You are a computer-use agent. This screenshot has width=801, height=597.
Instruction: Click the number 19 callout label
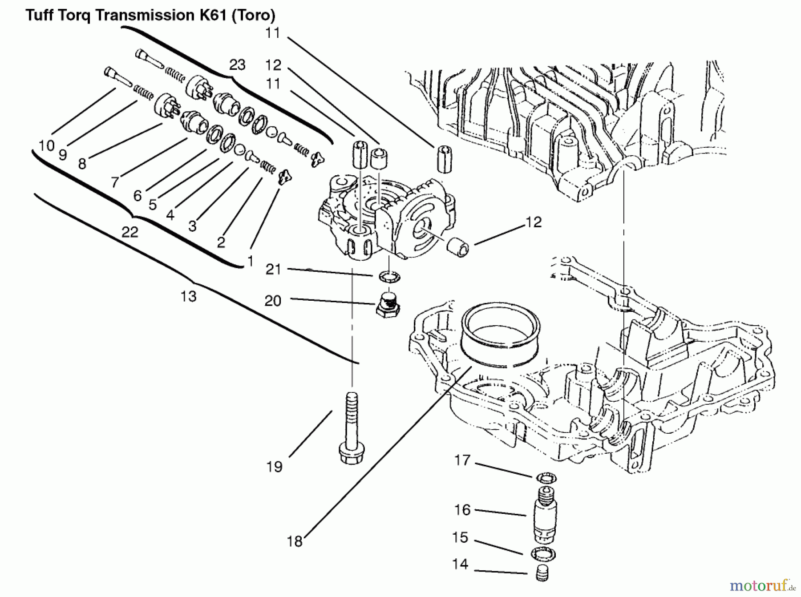pos(275,467)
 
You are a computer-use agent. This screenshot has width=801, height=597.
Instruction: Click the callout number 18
pos(295,541)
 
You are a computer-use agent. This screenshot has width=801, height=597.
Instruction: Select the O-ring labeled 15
pos(543,554)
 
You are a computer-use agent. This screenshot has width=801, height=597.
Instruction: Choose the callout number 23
pos(237,65)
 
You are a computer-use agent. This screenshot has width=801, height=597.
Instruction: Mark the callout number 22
pos(129,232)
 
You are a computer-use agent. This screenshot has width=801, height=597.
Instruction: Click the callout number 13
pos(188,296)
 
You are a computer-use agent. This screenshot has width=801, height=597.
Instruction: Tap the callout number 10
pos(46,145)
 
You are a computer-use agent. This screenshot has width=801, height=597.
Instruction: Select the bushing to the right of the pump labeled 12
pos(460,247)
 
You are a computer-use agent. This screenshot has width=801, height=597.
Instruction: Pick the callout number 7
pos(115,182)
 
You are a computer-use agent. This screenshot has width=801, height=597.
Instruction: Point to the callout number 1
pos(250,261)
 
